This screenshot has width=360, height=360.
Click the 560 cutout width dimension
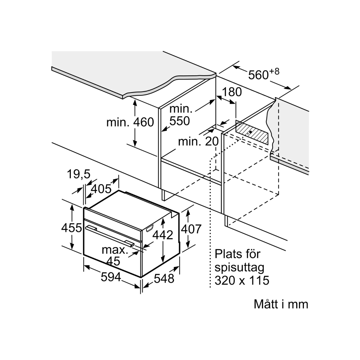pos(258,75)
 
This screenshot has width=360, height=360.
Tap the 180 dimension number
pos(231,92)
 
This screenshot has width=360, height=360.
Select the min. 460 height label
pos(130,122)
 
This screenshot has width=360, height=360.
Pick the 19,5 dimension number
pos(78,174)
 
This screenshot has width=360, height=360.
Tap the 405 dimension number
pos(101,189)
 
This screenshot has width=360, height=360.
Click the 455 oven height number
pos(71,228)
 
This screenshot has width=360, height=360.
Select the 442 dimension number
pos(163,235)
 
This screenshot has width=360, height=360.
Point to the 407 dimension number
pos(191,229)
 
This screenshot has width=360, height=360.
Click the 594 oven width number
pos(111,277)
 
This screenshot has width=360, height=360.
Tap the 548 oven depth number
pos(164,279)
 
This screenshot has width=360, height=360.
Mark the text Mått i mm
pos(281,304)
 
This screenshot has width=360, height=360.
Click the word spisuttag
pos(239,267)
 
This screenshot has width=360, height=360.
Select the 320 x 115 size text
pos(242,280)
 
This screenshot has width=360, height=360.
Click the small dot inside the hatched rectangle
pos(250,132)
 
